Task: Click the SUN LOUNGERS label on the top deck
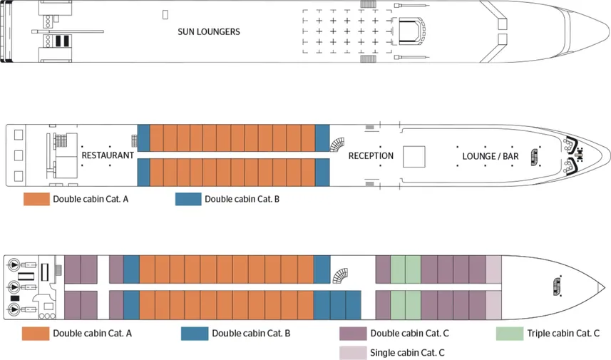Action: (x=209, y=32)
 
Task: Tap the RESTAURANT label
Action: (x=108, y=155)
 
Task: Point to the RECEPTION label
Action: (x=371, y=155)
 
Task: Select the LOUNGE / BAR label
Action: (x=490, y=155)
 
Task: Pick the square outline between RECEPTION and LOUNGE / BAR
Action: (x=414, y=155)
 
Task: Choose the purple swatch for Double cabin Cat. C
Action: (x=354, y=333)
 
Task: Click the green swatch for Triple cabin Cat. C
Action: (x=510, y=333)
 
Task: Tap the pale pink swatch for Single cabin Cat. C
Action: (x=354, y=352)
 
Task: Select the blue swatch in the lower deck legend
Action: (x=195, y=333)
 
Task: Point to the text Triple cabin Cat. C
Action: (x=563, y=333)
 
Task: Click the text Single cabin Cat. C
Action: (x=408, y=352)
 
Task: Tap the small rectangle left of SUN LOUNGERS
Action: (x=165, y=14)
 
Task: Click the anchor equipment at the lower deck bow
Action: (x=558, y=286)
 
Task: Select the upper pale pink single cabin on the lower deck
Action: (x=494, y=269)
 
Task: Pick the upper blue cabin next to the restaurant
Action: (x=143, y=138)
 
